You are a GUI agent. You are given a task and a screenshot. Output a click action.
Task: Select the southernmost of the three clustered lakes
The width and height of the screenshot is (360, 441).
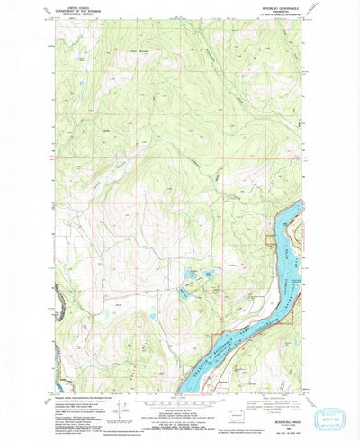pos(184,290)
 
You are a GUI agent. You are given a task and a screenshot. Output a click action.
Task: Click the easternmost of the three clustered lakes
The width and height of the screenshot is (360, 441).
pos(211,273)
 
